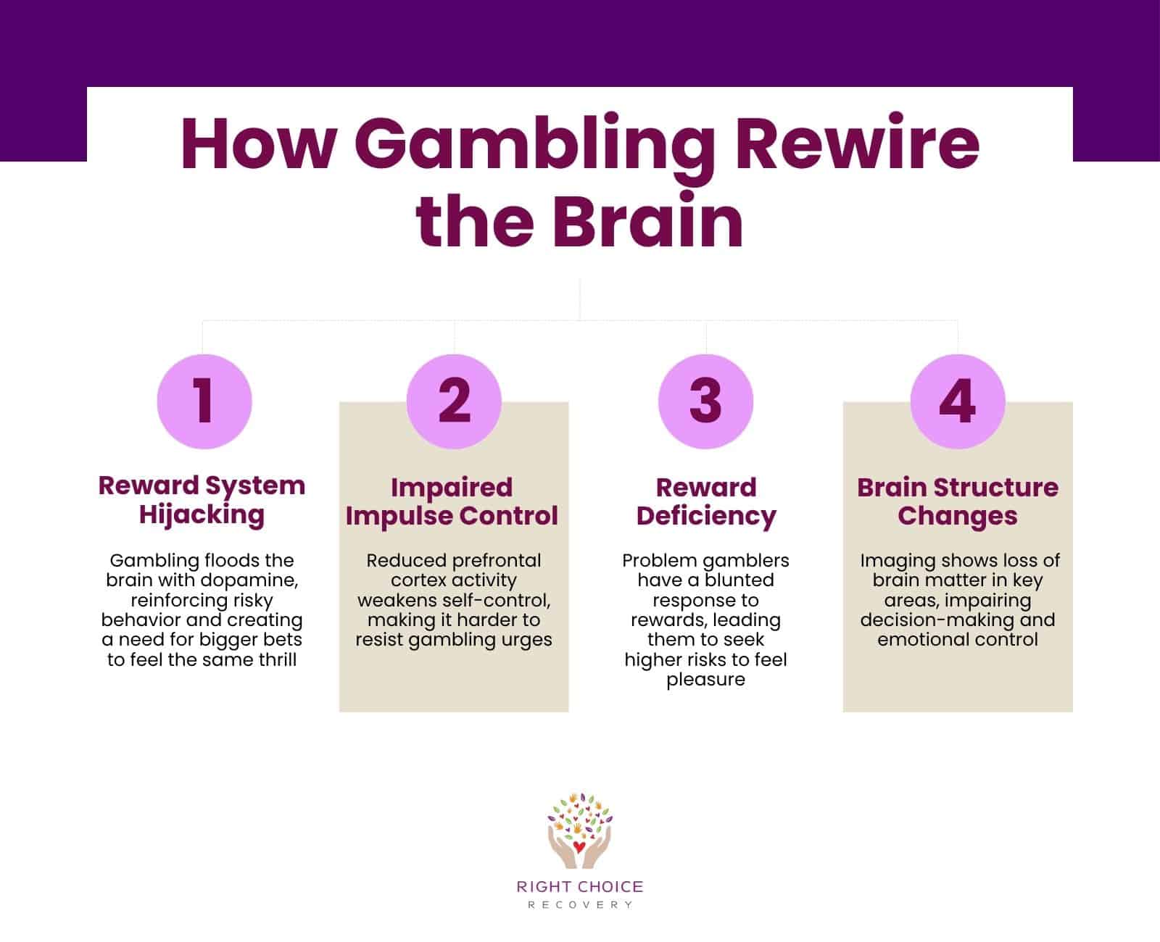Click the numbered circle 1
coord(204,401)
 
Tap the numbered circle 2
coord(454,401)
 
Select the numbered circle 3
coord(705,401)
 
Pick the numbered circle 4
coord(957,401)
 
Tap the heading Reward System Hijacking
coord(202,500)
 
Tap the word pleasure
coord(705,680)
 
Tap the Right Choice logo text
coord(579,887)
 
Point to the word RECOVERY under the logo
coord(579,905)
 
